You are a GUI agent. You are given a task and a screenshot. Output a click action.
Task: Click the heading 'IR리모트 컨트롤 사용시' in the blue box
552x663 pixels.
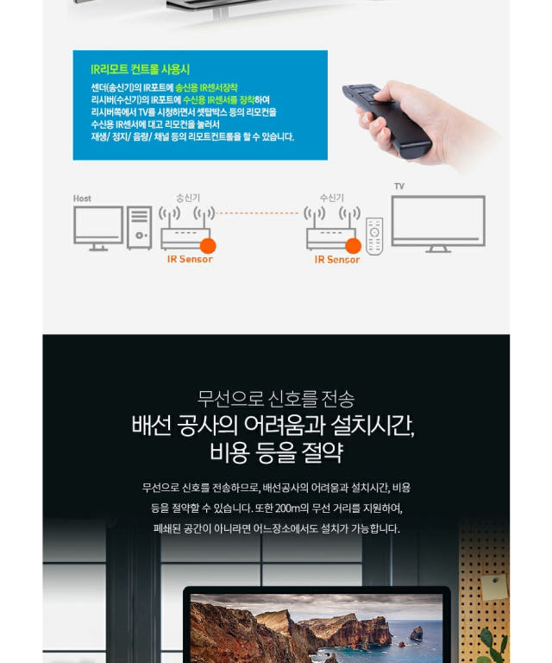click(140, 69)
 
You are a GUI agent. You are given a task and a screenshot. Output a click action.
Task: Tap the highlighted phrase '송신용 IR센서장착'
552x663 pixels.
click(206, 88)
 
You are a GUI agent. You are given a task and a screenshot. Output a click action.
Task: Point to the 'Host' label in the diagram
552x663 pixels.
click(82, 199)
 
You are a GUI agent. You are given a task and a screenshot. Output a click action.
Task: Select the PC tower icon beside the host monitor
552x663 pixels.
click(140, 228)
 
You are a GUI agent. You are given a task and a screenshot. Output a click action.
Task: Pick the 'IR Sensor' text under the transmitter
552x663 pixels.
click(190, 259)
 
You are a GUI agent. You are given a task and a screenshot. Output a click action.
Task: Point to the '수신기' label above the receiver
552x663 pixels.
click(332, 198)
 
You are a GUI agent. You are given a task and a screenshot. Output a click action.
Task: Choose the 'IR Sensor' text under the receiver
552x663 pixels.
click(336, 259)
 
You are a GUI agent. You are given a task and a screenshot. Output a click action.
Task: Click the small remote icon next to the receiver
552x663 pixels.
click(374, 236)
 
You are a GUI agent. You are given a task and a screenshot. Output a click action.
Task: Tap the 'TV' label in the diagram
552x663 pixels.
click(398, 186)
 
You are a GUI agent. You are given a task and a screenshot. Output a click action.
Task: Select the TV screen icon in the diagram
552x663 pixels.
click(438, 223)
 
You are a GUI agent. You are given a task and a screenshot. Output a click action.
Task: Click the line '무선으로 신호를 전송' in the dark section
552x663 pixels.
click(276, 399)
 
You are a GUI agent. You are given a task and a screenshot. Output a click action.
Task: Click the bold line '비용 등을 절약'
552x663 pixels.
click(276, 451)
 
